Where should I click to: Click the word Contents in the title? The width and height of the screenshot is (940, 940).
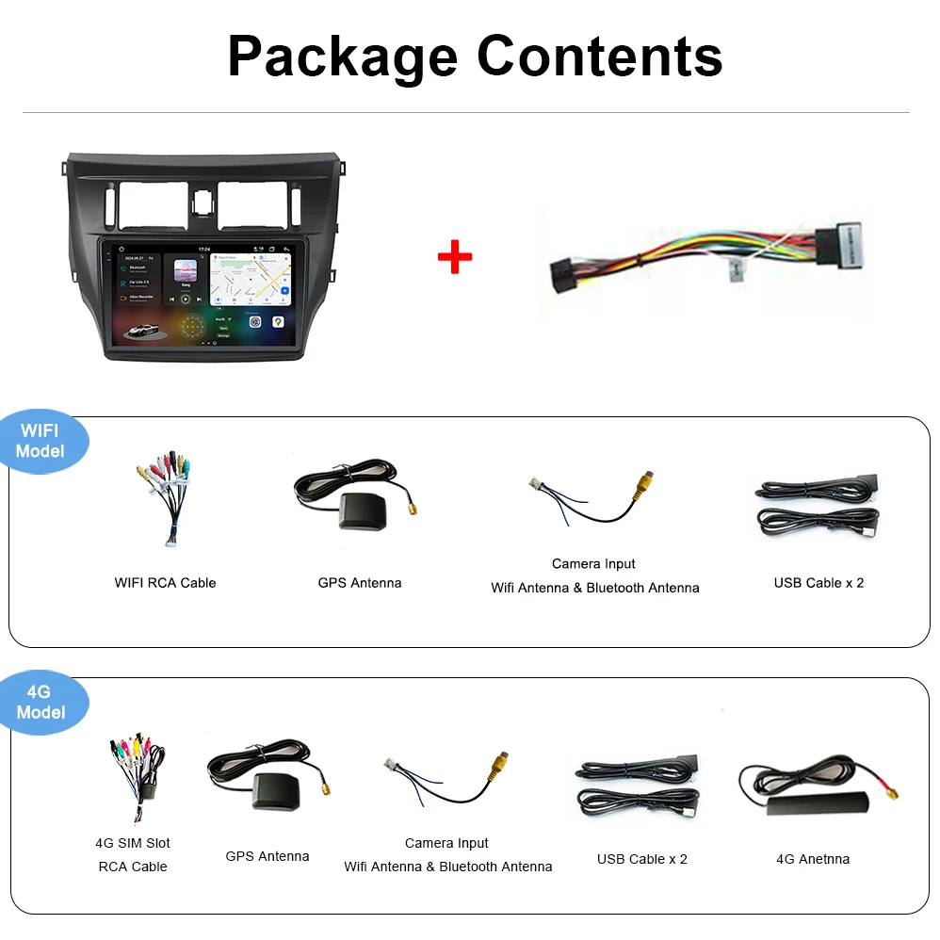600,57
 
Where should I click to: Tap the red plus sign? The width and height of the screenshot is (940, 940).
455,256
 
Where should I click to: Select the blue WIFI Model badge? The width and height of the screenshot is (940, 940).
41,441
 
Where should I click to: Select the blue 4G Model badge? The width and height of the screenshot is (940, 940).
41,703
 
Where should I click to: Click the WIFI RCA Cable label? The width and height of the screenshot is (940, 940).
165,583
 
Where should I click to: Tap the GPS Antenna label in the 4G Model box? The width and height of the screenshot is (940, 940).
267,856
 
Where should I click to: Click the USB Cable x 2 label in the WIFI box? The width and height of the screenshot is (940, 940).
818,583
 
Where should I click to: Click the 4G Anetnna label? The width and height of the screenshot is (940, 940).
813,859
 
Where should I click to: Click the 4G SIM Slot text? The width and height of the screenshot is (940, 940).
133,843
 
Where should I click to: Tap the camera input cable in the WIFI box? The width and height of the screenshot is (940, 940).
593,499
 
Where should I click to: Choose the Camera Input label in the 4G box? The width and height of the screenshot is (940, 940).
447,843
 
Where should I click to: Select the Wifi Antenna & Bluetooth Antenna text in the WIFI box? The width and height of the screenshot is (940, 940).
595,588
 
